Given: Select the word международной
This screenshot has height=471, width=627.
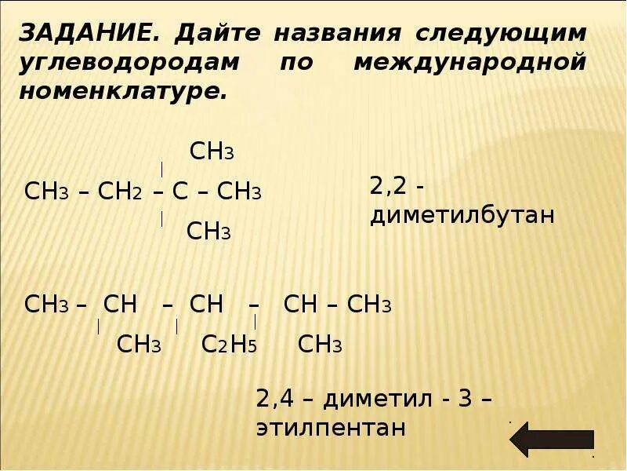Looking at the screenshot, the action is [x=469, y=62].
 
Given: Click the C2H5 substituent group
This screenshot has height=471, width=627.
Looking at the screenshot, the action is [x=230, y=345].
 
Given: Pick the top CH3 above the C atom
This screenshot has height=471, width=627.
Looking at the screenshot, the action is [x=212, y=152].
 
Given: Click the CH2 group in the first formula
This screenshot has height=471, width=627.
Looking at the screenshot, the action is [x=119, y=192].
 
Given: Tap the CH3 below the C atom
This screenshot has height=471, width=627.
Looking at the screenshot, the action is [x=208, y=232].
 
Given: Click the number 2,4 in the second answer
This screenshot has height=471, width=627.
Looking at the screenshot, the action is [x=274, y=399].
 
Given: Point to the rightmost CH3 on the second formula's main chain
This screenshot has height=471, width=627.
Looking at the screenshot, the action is [x=369, y=305].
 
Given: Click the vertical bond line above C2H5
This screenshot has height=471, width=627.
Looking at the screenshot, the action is [x=177, y=326].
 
